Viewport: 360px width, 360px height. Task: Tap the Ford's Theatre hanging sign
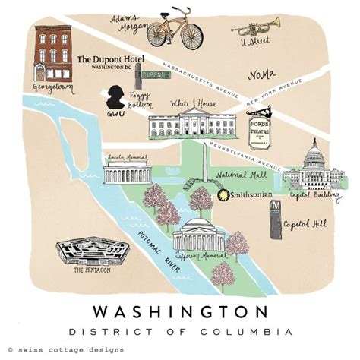point(260,124)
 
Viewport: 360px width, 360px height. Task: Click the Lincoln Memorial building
point(125,172)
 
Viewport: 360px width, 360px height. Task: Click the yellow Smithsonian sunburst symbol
point(223,195)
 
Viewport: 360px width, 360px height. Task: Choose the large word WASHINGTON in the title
point(179,312)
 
